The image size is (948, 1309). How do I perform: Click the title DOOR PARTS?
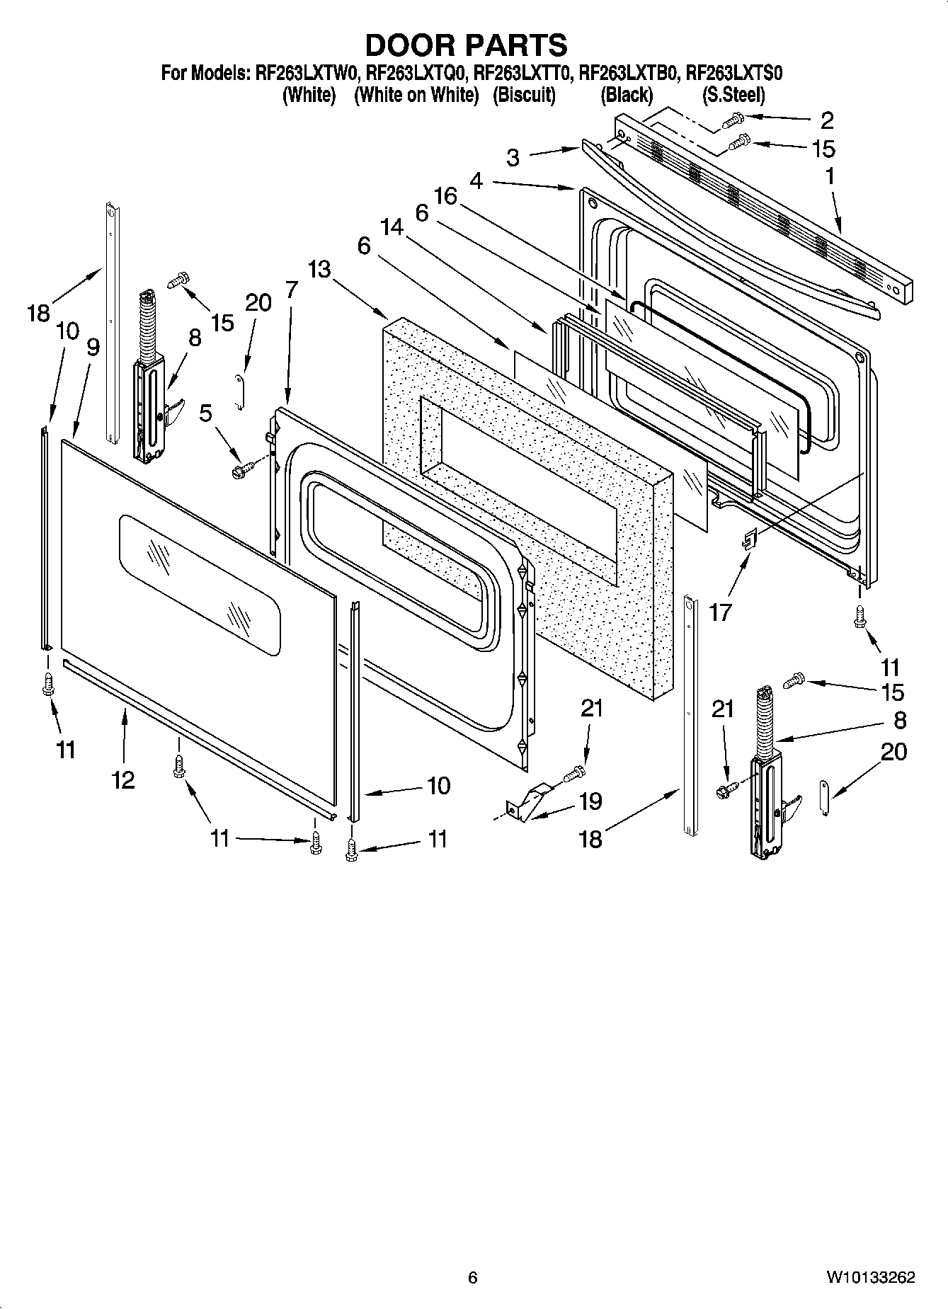(466, 45)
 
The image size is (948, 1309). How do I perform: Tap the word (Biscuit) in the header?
(524, 95)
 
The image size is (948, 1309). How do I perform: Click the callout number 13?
(319, 269)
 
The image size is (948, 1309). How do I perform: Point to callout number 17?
(720, 611)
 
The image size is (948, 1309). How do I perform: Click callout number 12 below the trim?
(122, 779)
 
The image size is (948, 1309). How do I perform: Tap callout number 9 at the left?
(93, 347)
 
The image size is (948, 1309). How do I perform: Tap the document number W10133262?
(869, 1277)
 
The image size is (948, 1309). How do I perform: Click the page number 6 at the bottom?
(472, 1277)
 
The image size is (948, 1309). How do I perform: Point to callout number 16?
(445, 195)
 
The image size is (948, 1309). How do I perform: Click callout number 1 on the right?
(830, 176)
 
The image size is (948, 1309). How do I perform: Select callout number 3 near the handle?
(513, 157)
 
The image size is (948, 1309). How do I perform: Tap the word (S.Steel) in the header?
(733, 95)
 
